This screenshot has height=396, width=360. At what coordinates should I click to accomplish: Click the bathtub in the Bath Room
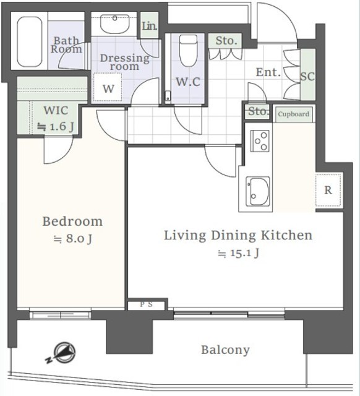(x=30, y=41)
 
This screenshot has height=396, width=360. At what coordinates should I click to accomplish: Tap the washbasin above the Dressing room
(x=114, y=24)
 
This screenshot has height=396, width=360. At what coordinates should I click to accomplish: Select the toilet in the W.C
(x=188, y=51)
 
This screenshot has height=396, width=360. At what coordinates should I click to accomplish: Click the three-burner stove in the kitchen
(x=260, y=141)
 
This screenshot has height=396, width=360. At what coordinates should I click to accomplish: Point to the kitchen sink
(x=258, y=191)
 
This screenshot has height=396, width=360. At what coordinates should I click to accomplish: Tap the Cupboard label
(x=293, y=114)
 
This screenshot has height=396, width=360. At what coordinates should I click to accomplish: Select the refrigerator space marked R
(x=328, y=190)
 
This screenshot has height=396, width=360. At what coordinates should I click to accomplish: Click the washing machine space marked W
(x=108, y=87)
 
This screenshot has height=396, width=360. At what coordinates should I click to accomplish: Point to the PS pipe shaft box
(x=147, y=305)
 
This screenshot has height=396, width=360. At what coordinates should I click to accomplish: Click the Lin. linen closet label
(x=150, y=26)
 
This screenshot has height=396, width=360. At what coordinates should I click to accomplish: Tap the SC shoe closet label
(x=307, y=76)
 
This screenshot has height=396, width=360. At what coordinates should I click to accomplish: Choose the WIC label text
(x=56, y=111)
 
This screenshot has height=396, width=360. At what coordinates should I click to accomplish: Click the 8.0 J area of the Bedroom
(x=73, y=239)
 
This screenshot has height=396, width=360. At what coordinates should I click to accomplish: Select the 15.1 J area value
(x=239, y=253)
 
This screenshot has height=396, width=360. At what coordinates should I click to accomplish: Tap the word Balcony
(x=225, y=350)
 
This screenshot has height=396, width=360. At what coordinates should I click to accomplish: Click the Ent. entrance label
(x=268, y=72)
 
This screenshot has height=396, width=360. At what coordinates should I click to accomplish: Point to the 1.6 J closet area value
(x=56, y=127)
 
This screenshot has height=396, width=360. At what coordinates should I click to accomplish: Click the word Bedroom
(x=72, y=222)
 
